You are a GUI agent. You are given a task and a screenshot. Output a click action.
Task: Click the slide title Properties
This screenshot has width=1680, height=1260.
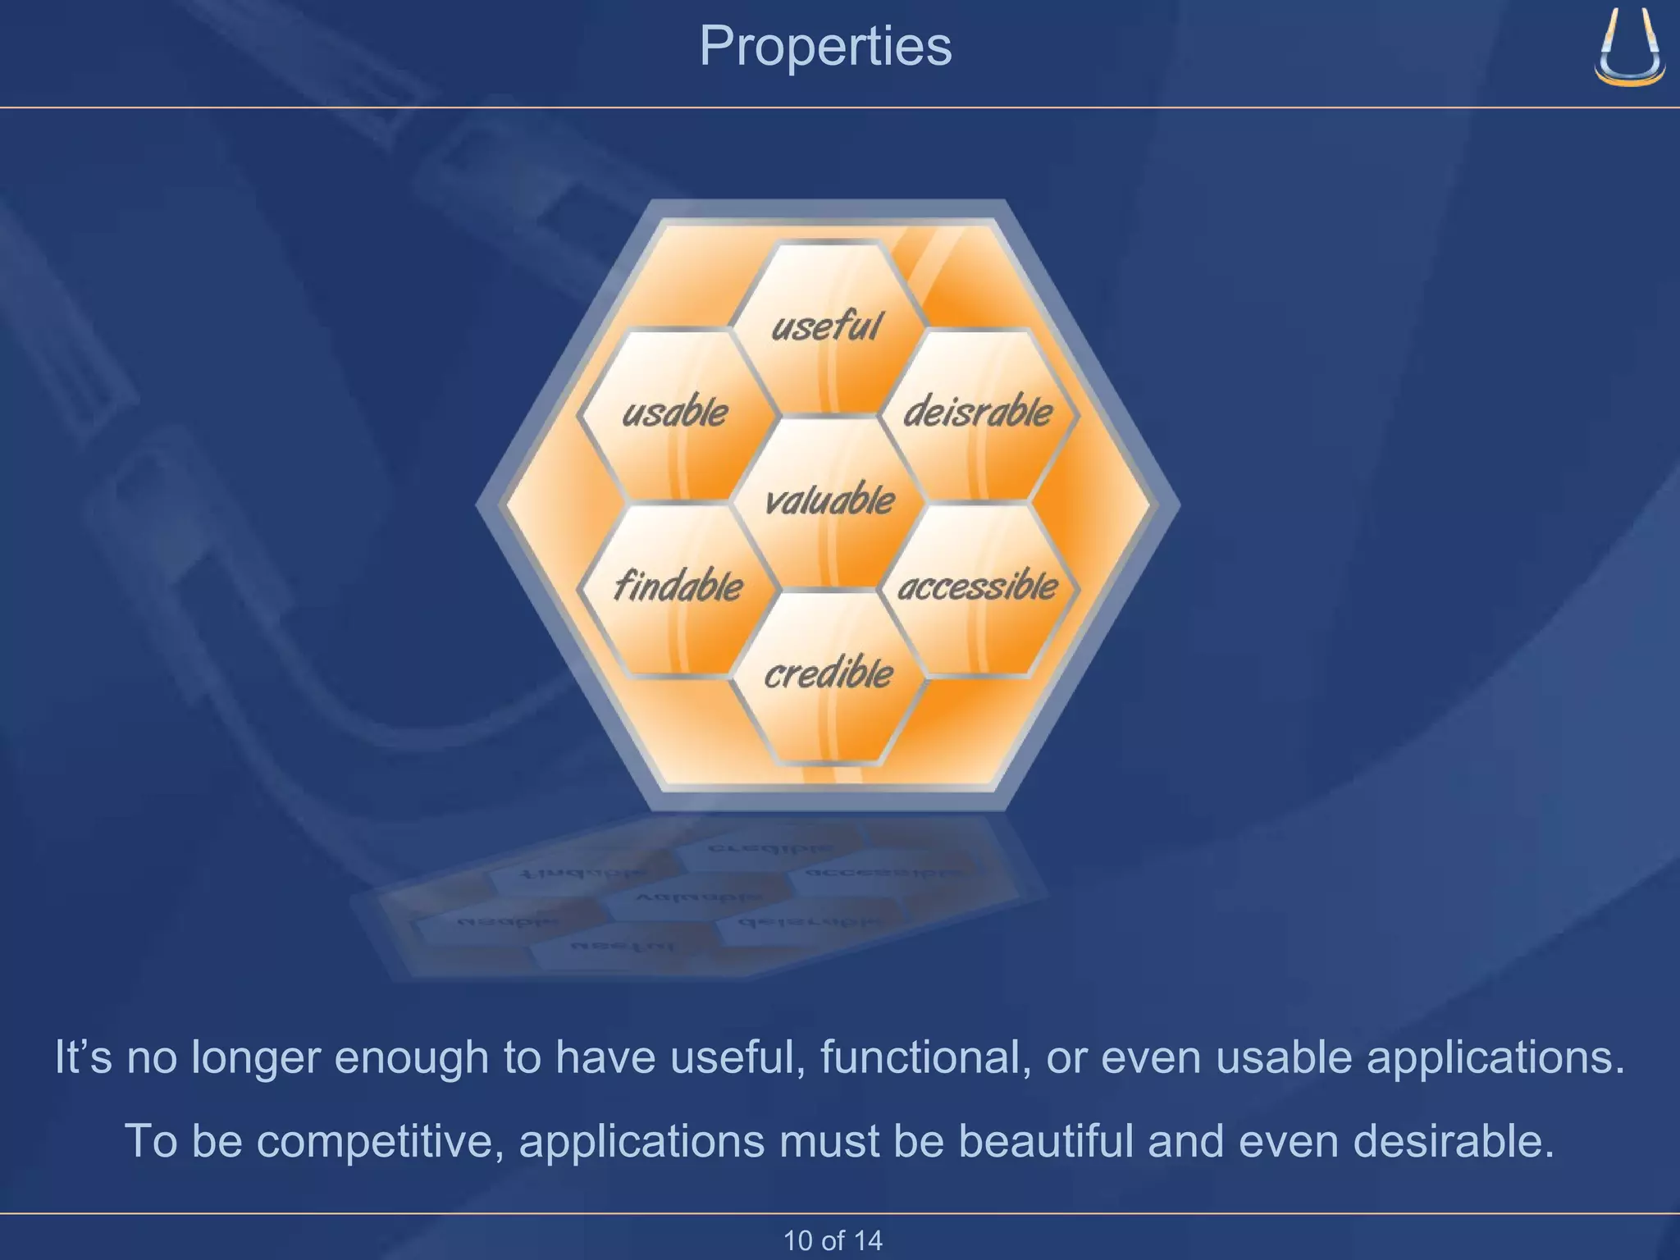tap(825, 46)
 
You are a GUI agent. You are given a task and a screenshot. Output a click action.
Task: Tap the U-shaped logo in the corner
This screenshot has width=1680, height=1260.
tap(1629, 49)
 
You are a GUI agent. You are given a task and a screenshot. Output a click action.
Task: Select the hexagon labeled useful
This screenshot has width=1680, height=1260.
tap(827, 326)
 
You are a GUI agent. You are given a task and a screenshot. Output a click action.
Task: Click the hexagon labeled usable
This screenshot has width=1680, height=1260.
tap(675, 413)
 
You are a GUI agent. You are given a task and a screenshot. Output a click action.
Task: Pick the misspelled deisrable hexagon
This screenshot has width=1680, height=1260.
tap(978, 413)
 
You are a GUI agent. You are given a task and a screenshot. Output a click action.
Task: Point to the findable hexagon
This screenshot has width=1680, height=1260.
tap(678, 587)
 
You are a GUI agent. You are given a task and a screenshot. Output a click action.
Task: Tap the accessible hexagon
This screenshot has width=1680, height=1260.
tap(978, 587)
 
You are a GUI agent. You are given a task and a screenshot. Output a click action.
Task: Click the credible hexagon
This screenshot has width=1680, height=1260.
tap(829, 674)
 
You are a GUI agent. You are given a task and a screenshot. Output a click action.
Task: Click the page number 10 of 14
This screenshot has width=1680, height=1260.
tap(833, 1240)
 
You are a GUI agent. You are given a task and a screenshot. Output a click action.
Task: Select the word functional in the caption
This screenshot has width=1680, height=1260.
tap(925, 1057)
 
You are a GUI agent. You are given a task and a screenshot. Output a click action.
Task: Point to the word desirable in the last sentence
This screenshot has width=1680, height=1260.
tap(1452, 1142)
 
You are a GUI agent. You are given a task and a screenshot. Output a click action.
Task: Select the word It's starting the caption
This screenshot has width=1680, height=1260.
tap(83, 1057)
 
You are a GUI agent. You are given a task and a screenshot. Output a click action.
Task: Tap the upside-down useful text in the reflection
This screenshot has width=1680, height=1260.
tap(623, 947)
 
